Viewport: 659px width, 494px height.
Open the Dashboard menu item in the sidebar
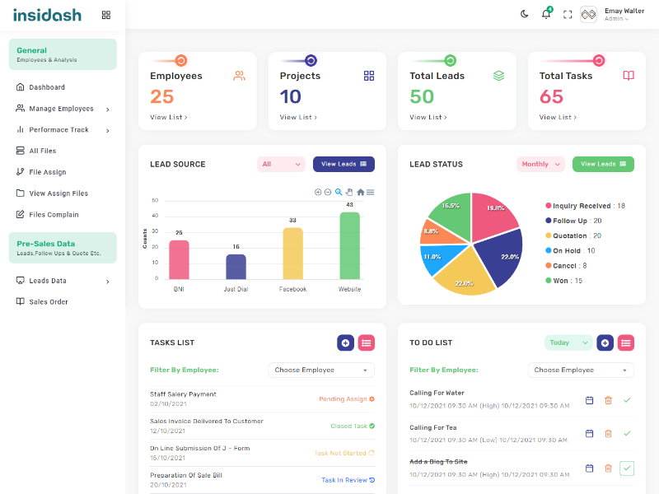47,87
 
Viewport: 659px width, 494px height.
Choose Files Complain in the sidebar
54,215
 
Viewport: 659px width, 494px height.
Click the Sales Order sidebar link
49,302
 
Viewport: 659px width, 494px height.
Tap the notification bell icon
545,14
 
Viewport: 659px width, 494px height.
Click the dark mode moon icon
525,14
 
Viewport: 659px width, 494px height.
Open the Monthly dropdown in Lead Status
540,164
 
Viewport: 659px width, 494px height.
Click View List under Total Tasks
558,117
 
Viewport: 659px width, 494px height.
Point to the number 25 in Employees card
162,96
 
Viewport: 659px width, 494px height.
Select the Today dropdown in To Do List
568,343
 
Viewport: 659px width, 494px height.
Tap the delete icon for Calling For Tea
608,433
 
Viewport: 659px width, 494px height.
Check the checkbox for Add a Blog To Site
627,468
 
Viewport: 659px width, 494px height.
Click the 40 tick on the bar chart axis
155,216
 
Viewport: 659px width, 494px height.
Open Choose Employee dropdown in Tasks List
321,370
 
